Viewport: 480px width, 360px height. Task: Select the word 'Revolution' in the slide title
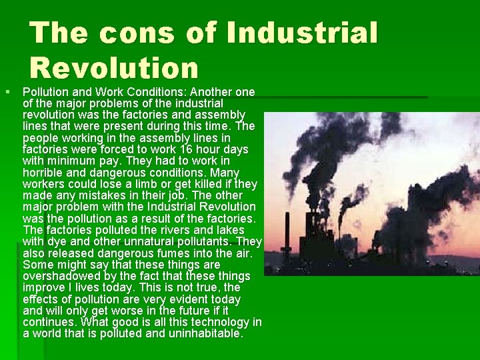point(114,67)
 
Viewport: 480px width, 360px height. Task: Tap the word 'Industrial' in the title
point(302,33)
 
